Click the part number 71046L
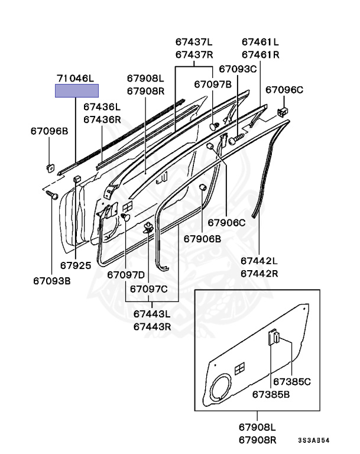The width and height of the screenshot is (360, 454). pyautogui.click(x=75, y=78)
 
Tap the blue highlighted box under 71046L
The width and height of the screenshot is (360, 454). pyautogui.click(x=77, y=90)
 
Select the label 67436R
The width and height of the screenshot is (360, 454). pyautogui.click(x=102, y=119)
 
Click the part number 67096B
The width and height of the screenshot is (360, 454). pyautogui.click(x=50, y=131)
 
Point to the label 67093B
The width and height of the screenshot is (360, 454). pyautogui.click(x=52, y=280)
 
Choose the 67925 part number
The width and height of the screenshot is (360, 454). pyautogui.click(x=76, y=265)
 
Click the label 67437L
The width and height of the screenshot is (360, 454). pyautogui.click(x=194, y=42)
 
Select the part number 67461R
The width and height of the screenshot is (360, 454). pyautogui.click(x=260, y=55)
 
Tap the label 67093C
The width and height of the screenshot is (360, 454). pyautogui.click(x=238, y=69)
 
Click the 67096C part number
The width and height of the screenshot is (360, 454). pyautogui.click(x=284, y=90)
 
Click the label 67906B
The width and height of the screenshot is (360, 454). pyautogui.click(x=202, y=239)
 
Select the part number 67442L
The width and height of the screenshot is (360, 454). pyautogui.click(x=259, y=260)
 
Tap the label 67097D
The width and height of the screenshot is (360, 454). pyautogui.click(x=126, y=275)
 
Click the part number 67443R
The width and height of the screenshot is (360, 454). pyautogui.click(x=152, y=326)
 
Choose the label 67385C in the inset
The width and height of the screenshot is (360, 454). pyautogui.click(x=292, y=382)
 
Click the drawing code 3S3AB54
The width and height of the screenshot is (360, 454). pyautogui.click(x=313, y=440)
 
